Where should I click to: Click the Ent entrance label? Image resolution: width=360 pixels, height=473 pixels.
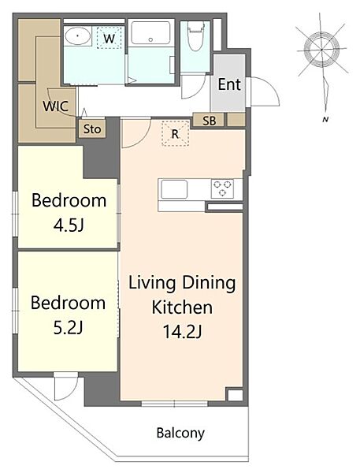[x=229, y=84]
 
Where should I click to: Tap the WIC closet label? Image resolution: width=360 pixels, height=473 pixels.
[x=56, y=106]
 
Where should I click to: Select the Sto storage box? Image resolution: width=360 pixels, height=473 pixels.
[x=92, y=129]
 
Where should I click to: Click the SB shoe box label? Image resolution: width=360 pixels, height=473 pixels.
[x=210, y=121]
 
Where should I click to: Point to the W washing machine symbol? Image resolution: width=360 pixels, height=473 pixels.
[x=109, y=38]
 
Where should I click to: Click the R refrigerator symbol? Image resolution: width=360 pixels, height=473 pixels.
[x=175, y=134]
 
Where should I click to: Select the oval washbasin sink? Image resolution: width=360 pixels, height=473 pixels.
[x=78, y=36]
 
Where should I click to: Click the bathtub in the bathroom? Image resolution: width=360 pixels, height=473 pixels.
[x=150, y=33]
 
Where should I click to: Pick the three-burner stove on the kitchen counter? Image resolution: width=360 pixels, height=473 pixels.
[x=222, y=188]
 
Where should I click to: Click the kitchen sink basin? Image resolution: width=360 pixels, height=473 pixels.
[x=174, y=189]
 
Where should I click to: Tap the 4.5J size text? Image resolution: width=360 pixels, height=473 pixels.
[x=69, y=225]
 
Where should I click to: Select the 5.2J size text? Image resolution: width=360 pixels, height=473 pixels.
[x=69, y=328]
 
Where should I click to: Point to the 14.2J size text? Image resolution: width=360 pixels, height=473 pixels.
[x=183, y=331]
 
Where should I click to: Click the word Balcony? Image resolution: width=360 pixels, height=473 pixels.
[x=180, y=433]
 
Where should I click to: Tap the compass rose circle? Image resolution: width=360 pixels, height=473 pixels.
[x=321, y=49]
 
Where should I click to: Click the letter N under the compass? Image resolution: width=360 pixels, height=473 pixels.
[x=325, y=120]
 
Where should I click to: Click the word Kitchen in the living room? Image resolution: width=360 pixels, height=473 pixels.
[x=182, y=307]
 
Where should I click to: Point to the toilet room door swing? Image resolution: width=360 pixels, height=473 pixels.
[x=193, y=88]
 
